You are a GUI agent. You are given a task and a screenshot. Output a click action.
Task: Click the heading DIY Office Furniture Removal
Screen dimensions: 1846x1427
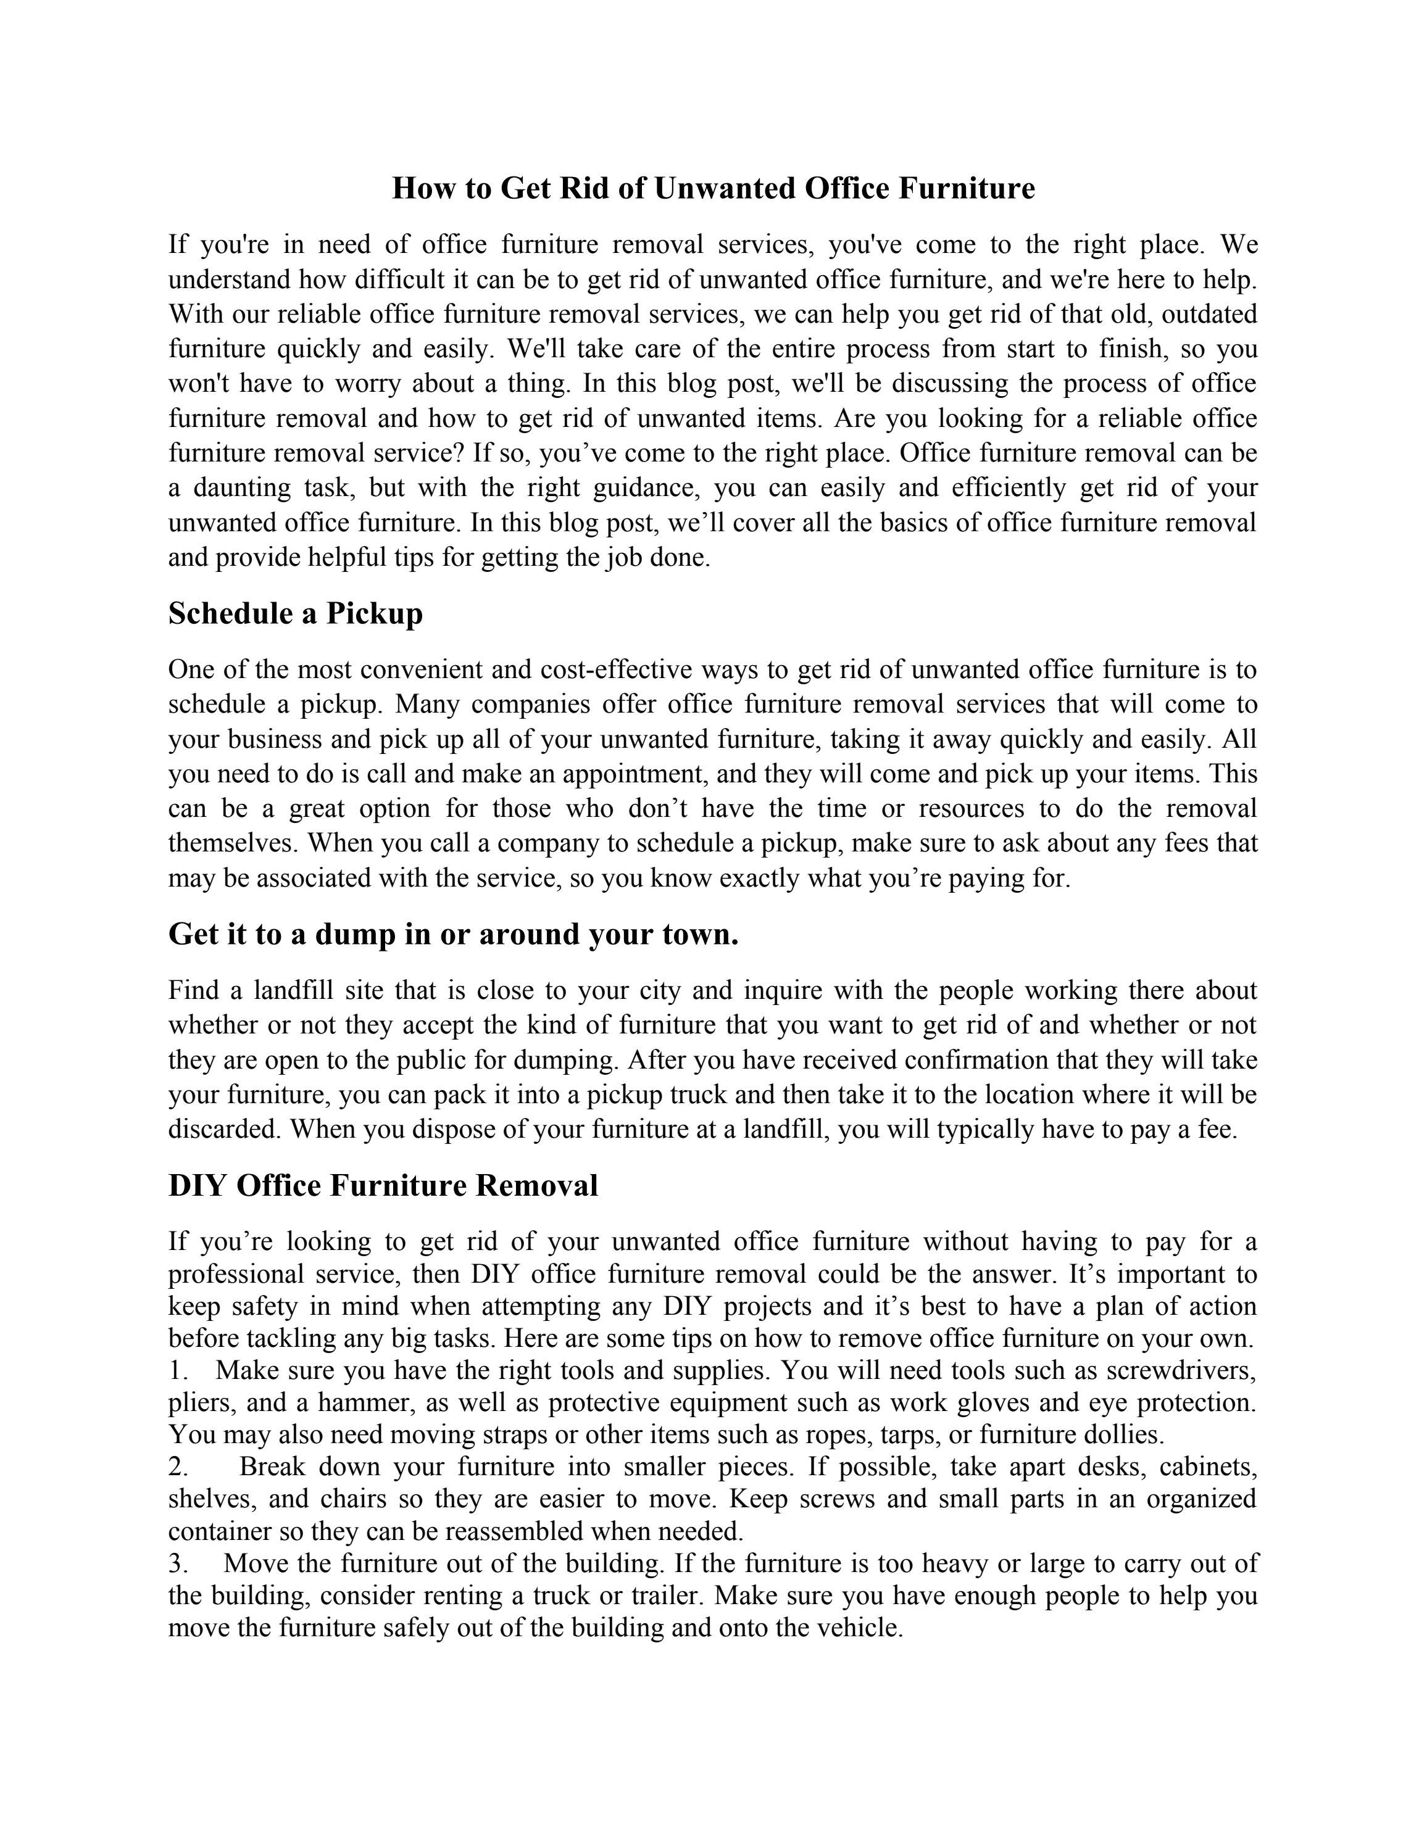(383, 1185)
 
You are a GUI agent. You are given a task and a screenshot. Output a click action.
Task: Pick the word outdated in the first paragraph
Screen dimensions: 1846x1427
(1209, 315)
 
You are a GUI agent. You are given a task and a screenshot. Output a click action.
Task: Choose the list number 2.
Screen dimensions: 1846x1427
(178, 1466)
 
